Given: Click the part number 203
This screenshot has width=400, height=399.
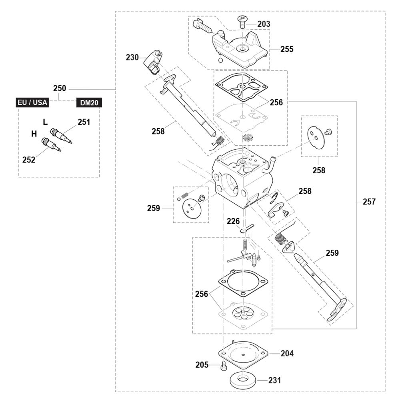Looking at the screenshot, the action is click(x=264, y=24).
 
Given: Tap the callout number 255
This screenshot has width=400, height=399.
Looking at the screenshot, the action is click(x=287, y=49).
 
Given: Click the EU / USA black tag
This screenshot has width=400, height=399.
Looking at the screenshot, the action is click(x=32, y=102).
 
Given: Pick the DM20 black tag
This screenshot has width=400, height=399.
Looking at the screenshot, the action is click(x=89, y=102).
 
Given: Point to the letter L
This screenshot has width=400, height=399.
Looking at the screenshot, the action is click(x=45, y=122).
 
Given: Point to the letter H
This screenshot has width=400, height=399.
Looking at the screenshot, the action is click(x=34, y=134).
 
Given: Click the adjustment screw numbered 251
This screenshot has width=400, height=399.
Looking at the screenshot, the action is click(x=61, y=135).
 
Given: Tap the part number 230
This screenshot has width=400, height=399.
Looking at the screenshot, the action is click(x=132, y=57).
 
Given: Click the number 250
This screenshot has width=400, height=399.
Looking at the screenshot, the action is click(x=60, y=88).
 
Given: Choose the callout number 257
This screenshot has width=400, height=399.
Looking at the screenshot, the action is click(x=369, y=202).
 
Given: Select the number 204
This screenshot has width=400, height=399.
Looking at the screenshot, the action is click(x=287, y=353).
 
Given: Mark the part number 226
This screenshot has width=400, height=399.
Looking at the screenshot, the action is click(x=234, y=221).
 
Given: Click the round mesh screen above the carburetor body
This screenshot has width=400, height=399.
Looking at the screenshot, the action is click(x=247, y=138).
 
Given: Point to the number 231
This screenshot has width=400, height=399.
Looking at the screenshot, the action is click(x=274, y=380).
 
